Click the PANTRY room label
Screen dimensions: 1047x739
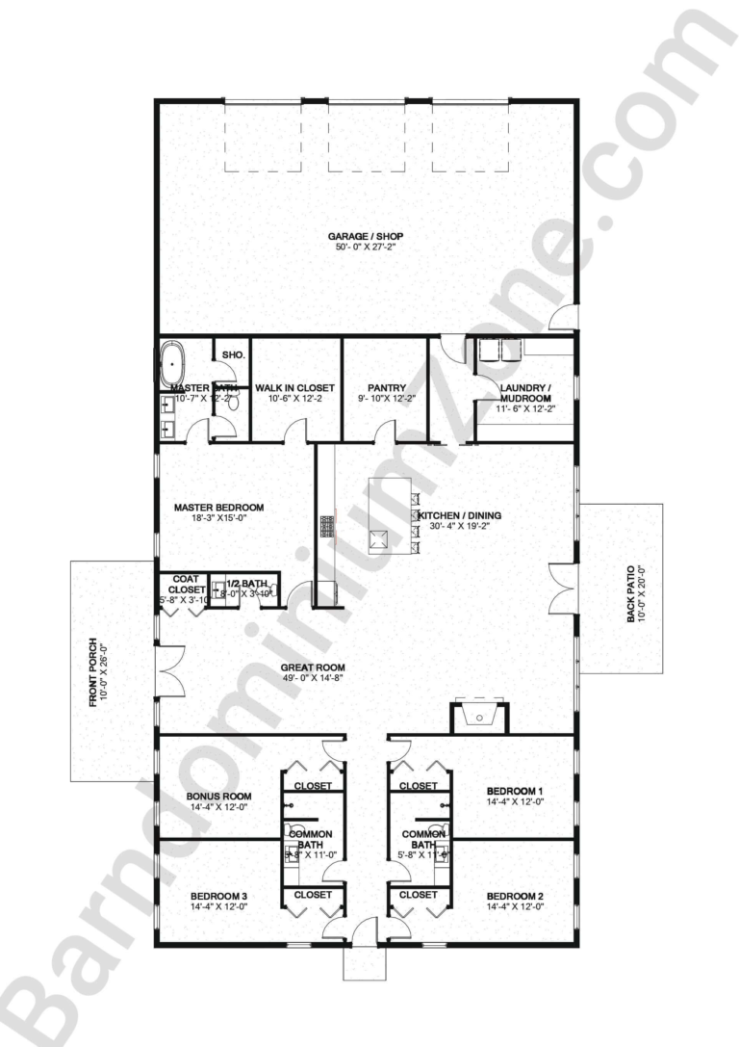(x=385, y=388)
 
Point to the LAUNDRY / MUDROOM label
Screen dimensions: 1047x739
(x=525, y=393)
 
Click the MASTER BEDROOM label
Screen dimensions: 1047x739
(x=218, y=508)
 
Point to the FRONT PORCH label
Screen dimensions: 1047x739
(x=93, y=672)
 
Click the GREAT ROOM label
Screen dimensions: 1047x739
(x=313, y=667)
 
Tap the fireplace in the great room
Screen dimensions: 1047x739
(x=479, y=716)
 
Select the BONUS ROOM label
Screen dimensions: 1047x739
(x=218, y=797)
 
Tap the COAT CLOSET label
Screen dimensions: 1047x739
(x=185, y=585)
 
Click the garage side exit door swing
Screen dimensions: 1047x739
(x=564, y=319)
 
